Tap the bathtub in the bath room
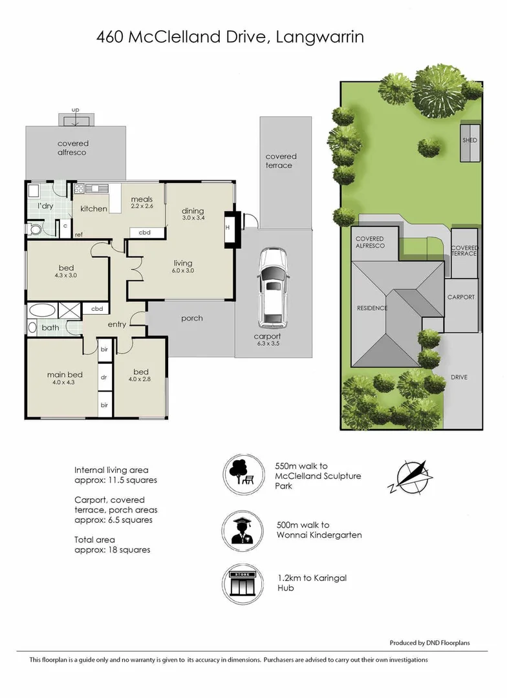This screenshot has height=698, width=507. (43, 310)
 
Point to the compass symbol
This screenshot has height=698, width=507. (410, 477)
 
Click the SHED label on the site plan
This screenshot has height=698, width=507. (469, 140)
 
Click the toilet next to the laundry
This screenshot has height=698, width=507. (35, 228)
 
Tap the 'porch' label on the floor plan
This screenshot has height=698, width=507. (191, 318)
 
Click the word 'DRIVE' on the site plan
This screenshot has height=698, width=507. (459, 377)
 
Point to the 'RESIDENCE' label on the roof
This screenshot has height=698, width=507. (372, 308)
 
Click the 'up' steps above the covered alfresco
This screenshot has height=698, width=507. (76, 119)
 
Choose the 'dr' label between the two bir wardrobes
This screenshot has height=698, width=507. (103, 377)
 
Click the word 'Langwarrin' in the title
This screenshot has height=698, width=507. (319, 37)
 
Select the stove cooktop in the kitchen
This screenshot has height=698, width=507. (80, 189)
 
